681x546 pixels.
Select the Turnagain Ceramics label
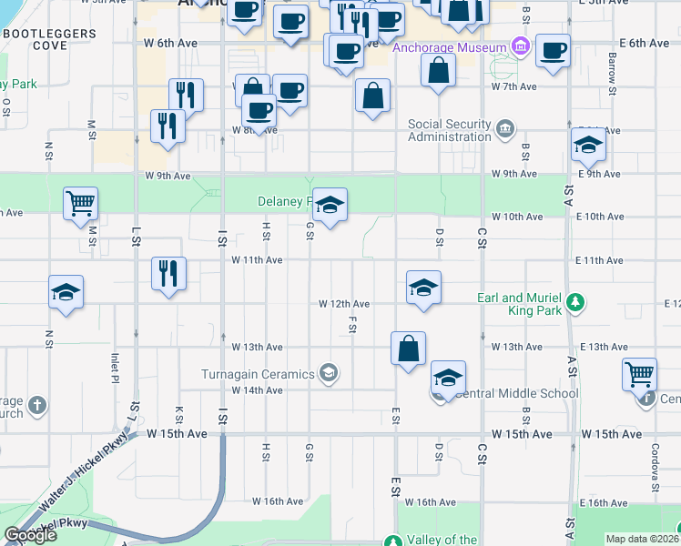[x=259, y=373]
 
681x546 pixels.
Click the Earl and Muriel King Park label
[x=520, y=304]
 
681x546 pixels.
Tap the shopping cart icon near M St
[x=80, y=203]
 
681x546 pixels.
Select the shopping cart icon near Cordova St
[x=639, y=373]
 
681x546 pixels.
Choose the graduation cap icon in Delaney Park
[x=330, y=205]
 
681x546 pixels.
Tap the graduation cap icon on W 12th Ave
[x=423, y=288]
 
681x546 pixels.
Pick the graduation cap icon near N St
[x=66, y=292]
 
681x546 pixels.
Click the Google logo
[x=30, y=535]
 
